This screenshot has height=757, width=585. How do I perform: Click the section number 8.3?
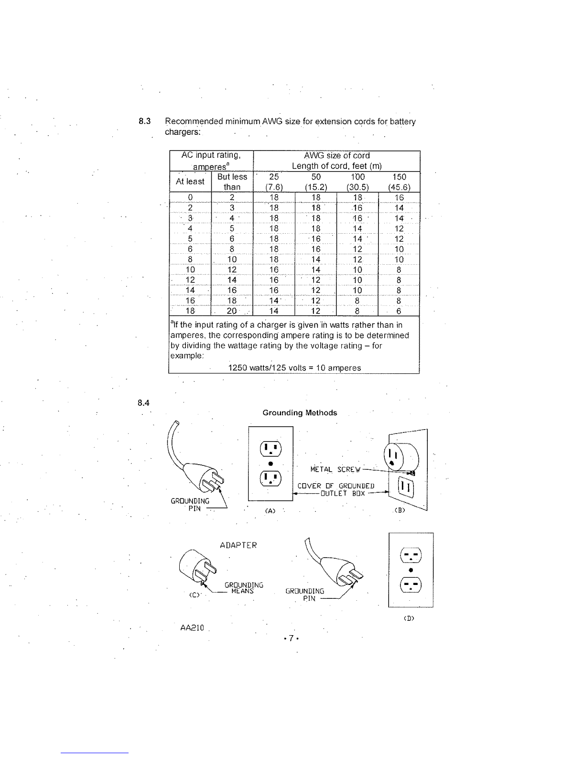(145, 121)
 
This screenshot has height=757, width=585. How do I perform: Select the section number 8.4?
(143, 403)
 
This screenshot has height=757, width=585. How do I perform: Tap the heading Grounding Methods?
(300, 413)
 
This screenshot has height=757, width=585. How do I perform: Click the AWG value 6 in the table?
(399, 311)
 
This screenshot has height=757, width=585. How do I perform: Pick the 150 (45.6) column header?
(399, 182)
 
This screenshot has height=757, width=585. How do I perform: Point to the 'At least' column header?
(190, 182)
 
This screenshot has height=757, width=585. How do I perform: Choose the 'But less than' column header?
(232, 182)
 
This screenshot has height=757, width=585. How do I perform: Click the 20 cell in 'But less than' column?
(232, 311)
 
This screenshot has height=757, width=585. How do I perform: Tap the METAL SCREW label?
(335, 470)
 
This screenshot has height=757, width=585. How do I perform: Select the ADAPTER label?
(238, 546)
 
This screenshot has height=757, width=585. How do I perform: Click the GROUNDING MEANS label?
(244, 588)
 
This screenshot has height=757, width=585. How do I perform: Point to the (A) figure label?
(271, 511)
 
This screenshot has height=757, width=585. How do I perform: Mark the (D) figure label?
(409, 619)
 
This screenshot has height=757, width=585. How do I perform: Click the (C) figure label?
(195, 595)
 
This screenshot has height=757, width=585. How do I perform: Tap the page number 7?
(291, 638)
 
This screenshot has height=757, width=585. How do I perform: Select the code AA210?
(192, 628)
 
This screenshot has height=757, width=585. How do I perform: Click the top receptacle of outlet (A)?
(271, 449)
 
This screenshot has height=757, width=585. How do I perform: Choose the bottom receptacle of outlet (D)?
(411, 585)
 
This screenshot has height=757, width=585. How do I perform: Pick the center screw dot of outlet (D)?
(411, 570)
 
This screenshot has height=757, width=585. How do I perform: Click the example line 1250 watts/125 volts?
(294, 368)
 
